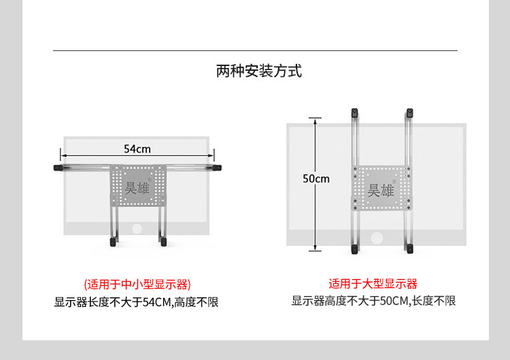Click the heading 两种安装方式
(258, 71)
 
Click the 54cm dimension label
(137, 148)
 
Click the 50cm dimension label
(316, 179)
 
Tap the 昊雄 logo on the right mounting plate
(381, 190)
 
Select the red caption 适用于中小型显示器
(137, 284)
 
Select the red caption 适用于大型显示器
(373, 284)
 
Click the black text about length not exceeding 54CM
(137, 301)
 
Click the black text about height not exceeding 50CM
(373, 301)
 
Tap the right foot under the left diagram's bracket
(163, 240)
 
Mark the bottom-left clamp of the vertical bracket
(354, 250)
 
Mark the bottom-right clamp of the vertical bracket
(409, 250)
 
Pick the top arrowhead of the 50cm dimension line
(314, 120)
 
